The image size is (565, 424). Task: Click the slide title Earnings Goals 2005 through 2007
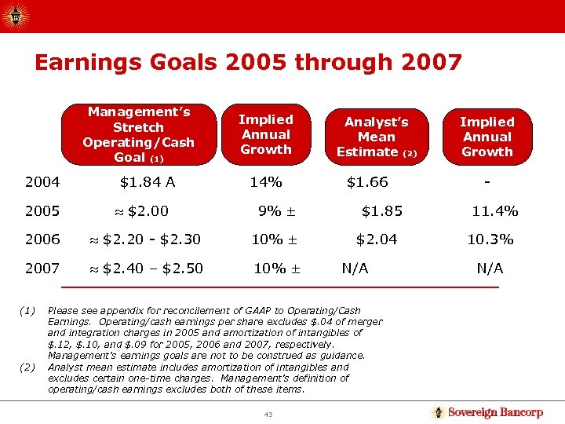click(248, 63)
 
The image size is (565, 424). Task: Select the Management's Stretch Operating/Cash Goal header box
click(138, 134)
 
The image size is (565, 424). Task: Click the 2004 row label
click(42, 183)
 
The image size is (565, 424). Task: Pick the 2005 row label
click(42, 211)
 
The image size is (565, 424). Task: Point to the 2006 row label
click(42, 239)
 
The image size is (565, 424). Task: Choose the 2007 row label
click(42, 269)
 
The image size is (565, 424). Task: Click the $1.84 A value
click(148, 183)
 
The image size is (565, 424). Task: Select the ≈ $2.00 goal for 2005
click(141, 211)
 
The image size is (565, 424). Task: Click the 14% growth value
click(265, 183)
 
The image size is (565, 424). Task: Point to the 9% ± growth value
click(275, 211)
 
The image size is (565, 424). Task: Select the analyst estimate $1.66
click(367, 183)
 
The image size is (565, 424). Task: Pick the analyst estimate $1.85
click(382, 211)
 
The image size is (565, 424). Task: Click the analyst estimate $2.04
click(377, 239)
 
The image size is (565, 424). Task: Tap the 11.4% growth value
click(494, 211)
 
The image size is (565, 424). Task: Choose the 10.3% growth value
click(490, 239)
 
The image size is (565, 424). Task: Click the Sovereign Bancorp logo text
click(494, 412)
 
